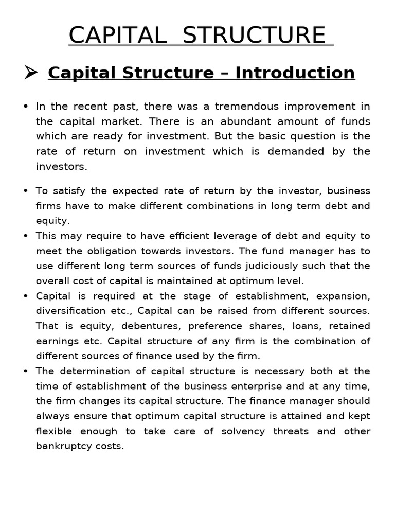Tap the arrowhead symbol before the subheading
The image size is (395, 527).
pos(31,73)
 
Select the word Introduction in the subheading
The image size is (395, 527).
pos(295,73)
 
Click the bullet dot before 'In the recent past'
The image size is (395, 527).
pos(26,107)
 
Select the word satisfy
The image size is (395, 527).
pos(68,191)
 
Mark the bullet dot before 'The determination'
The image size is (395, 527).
pos(26,371)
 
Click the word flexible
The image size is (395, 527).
pos(54,431)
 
